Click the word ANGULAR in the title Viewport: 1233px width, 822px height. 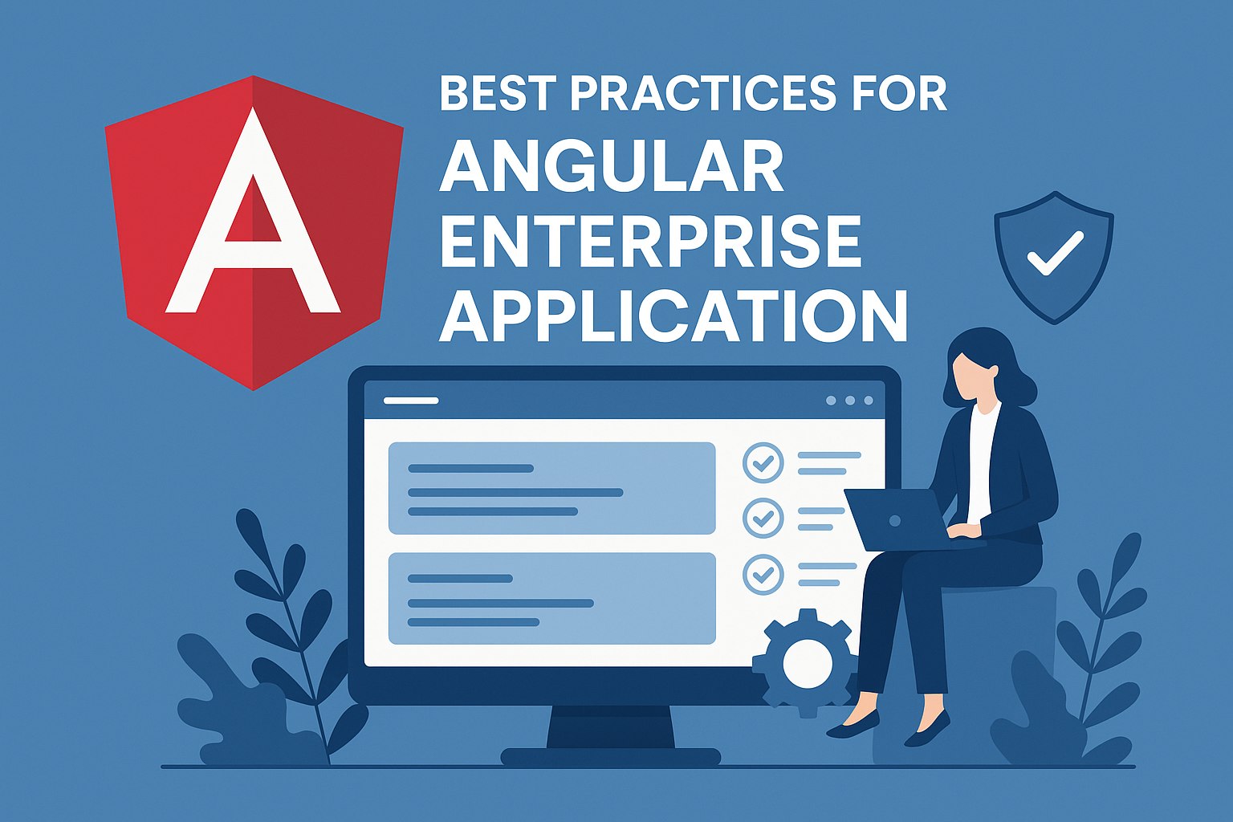point(611,166)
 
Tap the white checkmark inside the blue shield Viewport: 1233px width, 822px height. point(1055,253)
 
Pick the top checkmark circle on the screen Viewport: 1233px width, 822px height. point(763,462)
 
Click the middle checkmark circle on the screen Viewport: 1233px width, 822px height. point(763,518)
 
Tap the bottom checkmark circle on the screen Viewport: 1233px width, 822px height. point(763,574)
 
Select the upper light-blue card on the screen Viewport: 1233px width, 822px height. point(551,488)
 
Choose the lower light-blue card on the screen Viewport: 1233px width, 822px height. point(551,598)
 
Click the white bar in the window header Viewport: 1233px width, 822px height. point(411,400)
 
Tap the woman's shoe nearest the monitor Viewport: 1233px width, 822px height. point(853,726)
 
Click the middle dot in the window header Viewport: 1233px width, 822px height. point(849,400)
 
